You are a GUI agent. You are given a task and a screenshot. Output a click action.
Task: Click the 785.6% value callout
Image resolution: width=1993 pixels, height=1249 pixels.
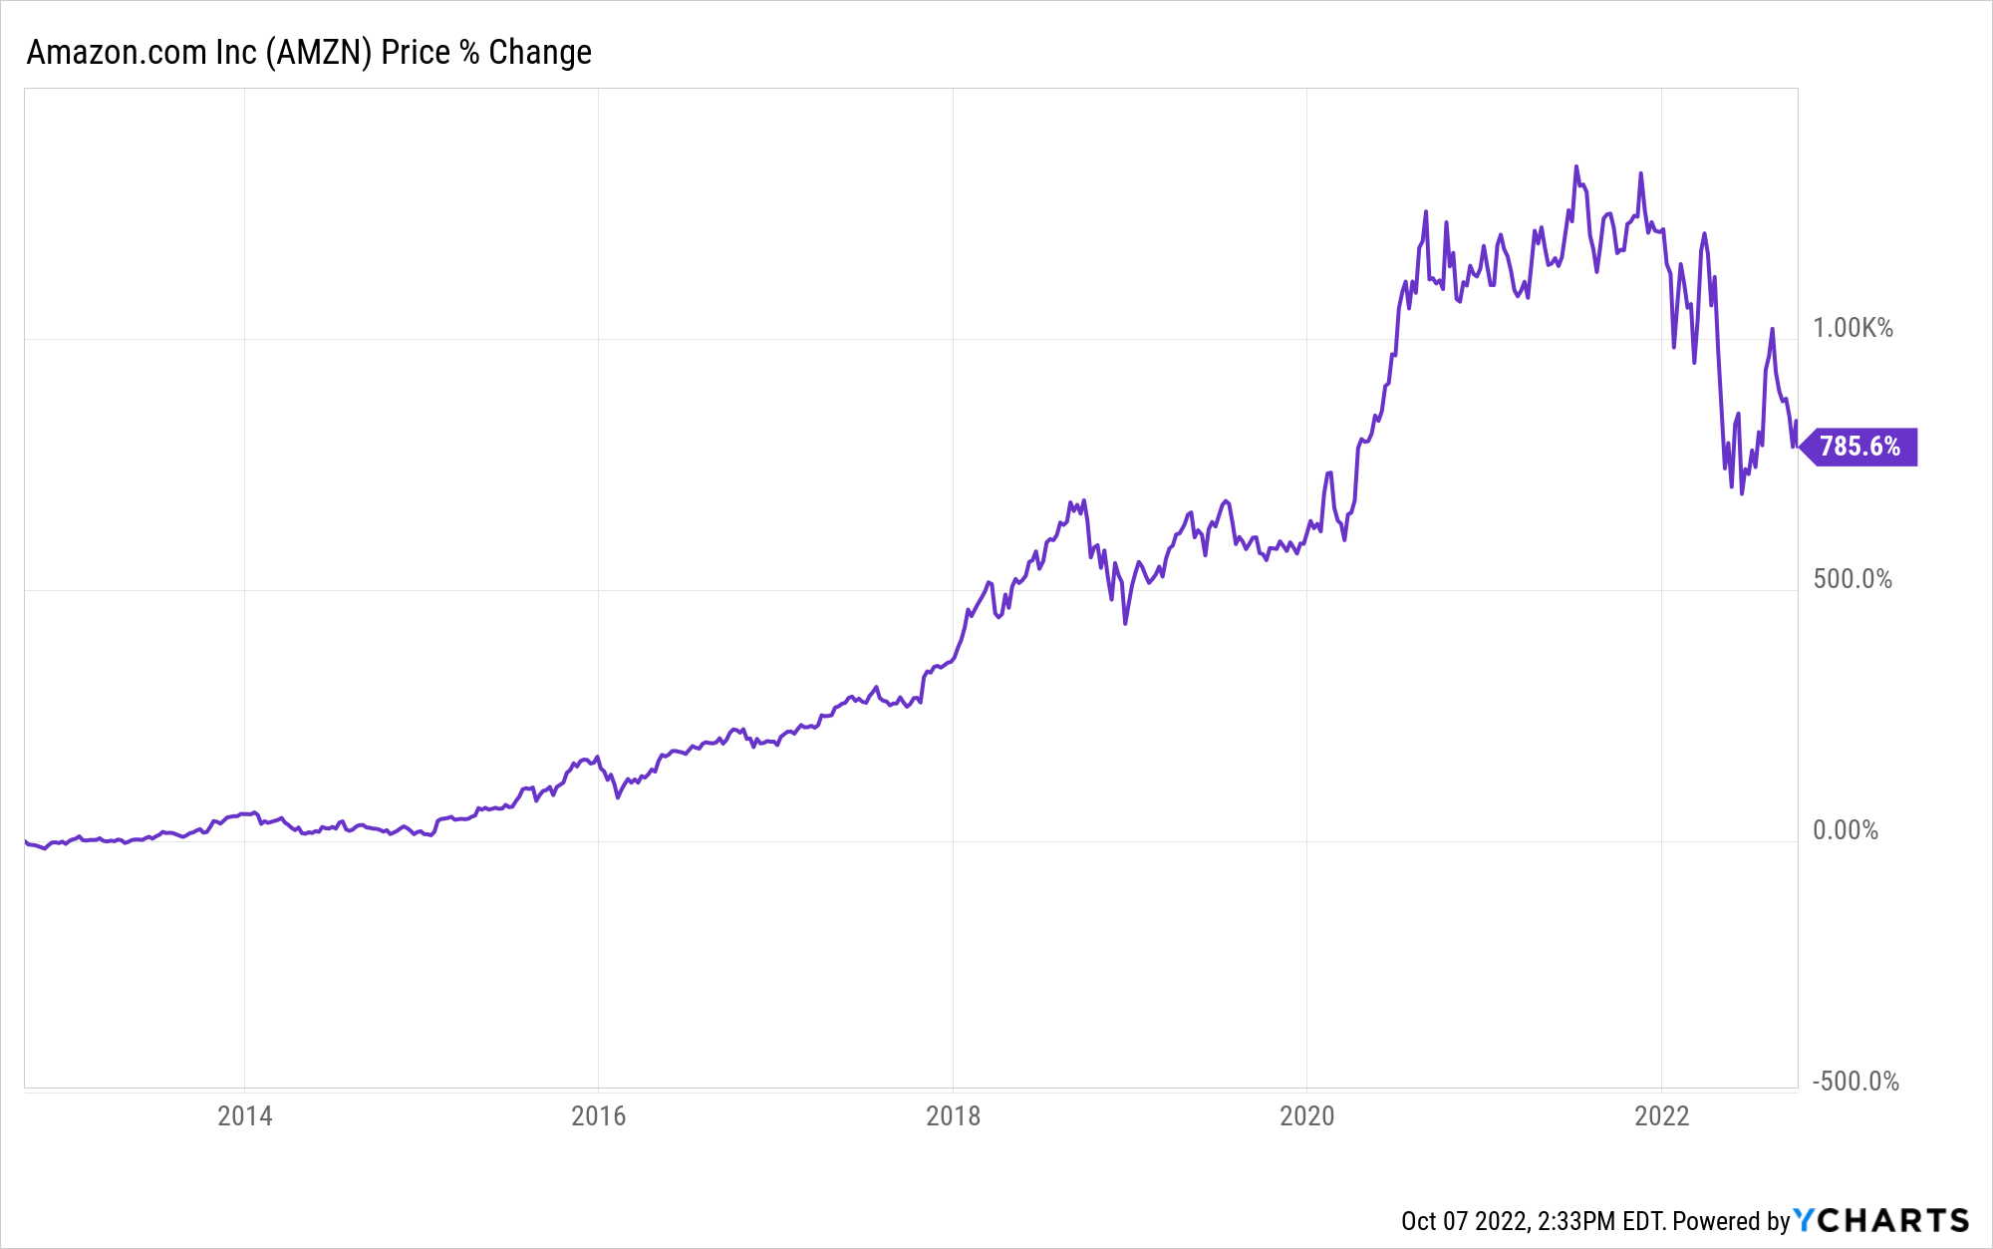point(1859,447)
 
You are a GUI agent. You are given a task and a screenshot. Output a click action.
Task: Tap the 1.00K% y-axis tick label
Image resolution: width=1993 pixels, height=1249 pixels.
point(1852,328)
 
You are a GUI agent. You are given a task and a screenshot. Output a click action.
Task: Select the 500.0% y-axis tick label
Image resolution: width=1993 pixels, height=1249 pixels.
point(1852,579)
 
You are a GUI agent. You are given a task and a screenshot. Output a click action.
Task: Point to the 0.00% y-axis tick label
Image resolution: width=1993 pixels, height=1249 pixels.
point(1846,830)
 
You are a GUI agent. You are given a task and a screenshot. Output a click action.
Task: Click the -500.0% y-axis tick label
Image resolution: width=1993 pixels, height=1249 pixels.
point(1855,1082)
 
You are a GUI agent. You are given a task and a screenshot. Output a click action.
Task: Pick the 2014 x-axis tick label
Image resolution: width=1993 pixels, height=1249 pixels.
point(245,1115)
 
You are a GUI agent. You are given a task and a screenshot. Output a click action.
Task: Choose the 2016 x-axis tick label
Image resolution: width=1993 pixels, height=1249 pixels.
point(599,1115)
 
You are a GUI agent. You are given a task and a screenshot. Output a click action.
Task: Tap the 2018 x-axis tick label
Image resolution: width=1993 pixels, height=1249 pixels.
point(954,1115)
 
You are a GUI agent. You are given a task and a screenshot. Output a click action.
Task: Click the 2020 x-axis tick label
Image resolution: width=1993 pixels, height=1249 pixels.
point(1307,1115)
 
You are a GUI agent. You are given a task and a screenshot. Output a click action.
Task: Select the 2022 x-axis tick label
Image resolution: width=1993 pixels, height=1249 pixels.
point(1662,1115)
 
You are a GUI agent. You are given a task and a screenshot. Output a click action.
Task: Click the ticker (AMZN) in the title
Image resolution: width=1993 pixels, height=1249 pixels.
point(319,52)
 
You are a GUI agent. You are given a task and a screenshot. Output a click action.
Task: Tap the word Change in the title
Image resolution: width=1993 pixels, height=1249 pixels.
point(540,52)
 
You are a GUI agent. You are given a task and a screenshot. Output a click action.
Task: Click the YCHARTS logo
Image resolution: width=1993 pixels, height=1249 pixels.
point(1881,1220)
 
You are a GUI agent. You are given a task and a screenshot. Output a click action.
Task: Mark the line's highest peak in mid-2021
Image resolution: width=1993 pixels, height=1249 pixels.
point(1576,166)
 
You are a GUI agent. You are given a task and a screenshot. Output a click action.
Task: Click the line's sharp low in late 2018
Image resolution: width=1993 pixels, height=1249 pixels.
point(1125,623)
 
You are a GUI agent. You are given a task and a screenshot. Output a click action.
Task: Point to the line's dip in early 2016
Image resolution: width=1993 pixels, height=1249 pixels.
point(618,797)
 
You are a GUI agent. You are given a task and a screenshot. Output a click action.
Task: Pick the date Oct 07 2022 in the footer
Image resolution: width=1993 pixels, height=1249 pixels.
point(1463,1221)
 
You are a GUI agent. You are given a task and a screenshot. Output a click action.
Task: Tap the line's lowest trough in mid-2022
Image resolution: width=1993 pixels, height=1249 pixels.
point(1742,492)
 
